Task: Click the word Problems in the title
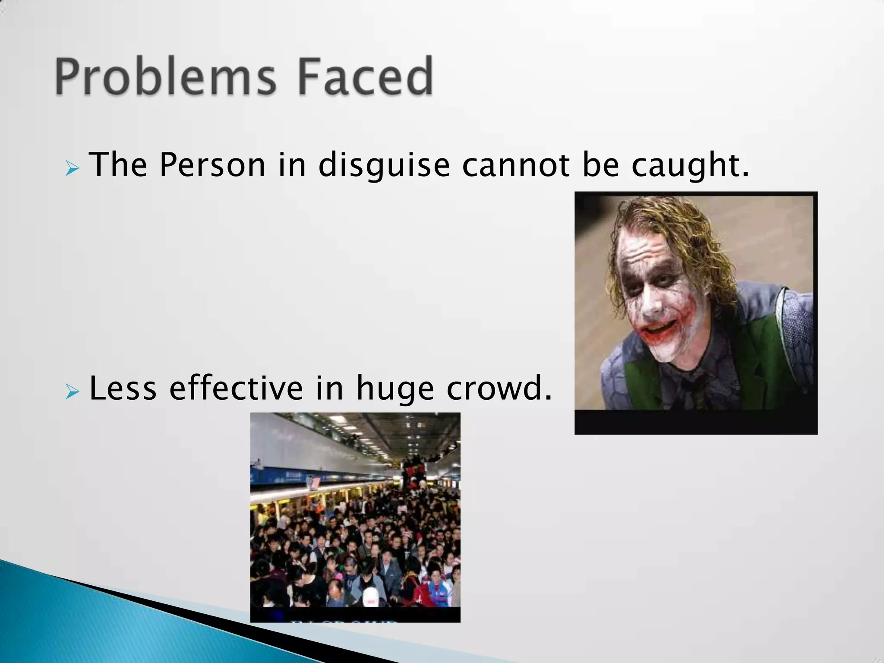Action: coord(164,77)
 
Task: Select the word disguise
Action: coord(384,166)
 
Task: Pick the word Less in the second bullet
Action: coord(123,388)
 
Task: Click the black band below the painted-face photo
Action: coord(696,422)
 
